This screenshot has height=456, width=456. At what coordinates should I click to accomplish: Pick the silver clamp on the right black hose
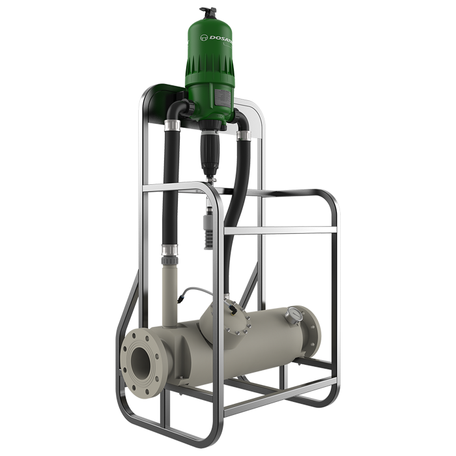245,135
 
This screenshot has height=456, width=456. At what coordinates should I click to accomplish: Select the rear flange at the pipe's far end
312,328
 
